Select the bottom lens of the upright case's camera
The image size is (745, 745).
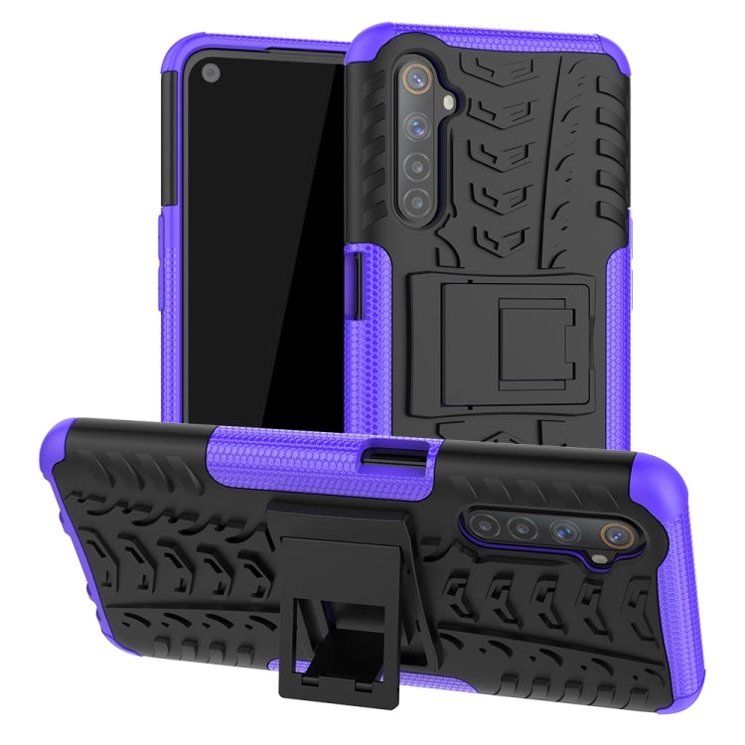coord(416,200)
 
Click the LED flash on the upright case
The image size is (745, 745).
coord(449,99)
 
